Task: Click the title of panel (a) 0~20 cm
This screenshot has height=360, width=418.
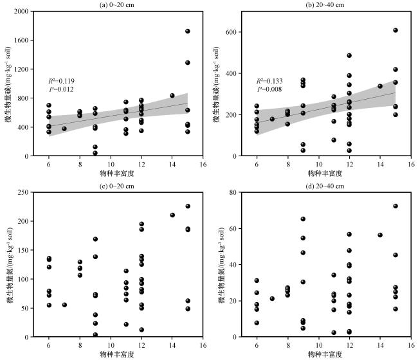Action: coord(116,4)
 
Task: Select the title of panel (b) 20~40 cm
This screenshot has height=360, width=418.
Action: coord(325,4)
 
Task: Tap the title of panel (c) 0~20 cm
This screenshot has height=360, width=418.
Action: coord(116,186)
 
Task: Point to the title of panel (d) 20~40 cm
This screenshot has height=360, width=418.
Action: coord(325,186)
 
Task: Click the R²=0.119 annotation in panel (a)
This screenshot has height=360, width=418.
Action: coord(61,81)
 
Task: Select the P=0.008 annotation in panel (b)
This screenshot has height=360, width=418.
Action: coord(269,89)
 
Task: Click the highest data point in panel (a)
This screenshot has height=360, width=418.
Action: coord(188,31)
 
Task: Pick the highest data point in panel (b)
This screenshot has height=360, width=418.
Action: coord(395,30)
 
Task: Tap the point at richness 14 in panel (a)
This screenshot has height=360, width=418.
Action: coord(172,95)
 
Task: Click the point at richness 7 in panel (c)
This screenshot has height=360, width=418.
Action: coord(64,305)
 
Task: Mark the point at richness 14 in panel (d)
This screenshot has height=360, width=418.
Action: coord(380,235)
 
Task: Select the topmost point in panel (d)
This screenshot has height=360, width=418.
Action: coord(395,206)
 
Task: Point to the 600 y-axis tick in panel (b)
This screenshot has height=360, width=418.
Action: coord(232,32)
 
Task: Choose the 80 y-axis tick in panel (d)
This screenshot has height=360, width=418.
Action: coord(233,192)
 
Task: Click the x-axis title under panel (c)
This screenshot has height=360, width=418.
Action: coord(117,354)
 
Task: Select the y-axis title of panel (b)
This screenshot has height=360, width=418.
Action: coord(216,84)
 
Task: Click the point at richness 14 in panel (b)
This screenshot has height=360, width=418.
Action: coord(380,86)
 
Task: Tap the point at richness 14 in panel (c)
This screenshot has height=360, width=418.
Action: coord(172,215)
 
